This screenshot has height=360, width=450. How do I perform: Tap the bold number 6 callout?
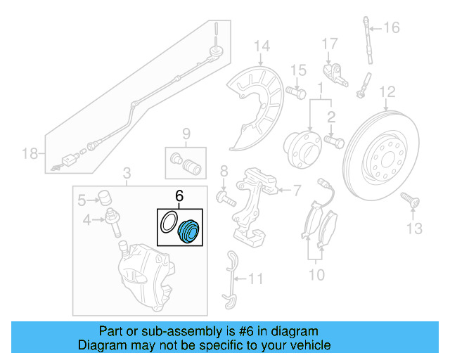[179, 199]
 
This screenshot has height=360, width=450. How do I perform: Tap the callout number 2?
[331, 117]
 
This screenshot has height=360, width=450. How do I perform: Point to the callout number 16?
[391, 28]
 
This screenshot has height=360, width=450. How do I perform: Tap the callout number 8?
[224, 172]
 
